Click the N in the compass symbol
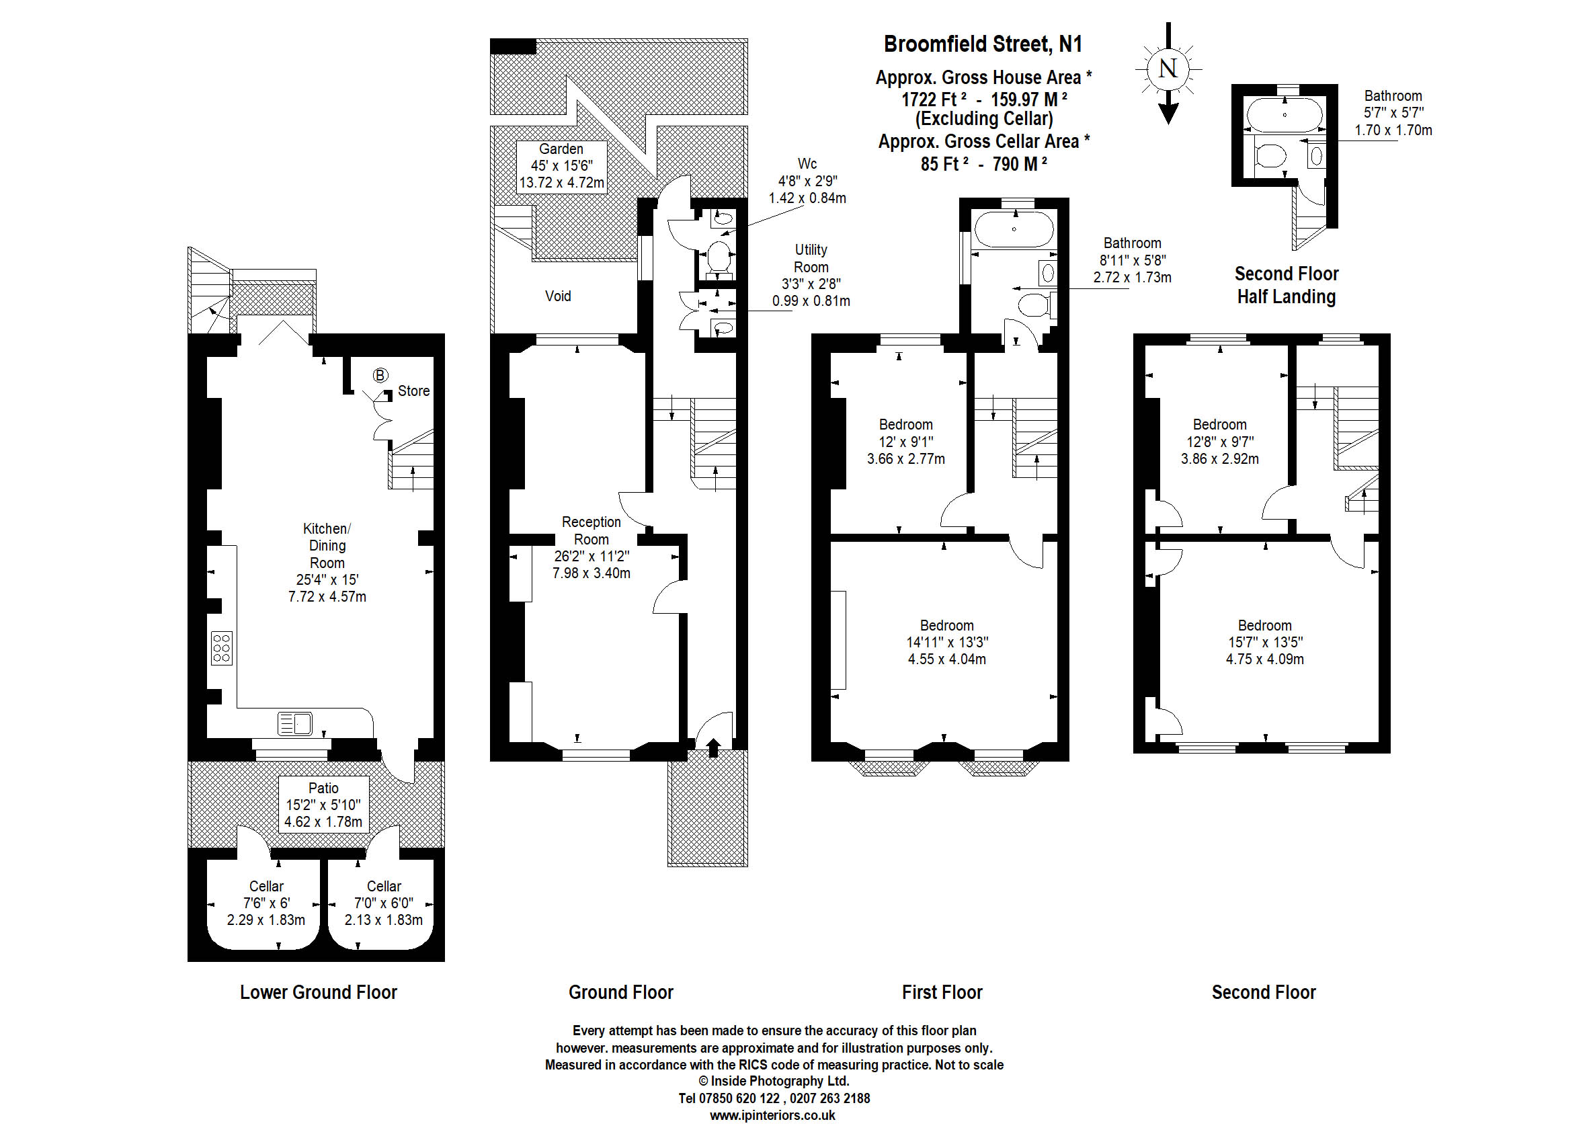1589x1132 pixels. coord(1168,69)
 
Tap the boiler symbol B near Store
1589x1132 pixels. coord(380,376)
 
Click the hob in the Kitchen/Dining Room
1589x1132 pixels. coord(222,647)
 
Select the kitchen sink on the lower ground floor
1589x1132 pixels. coord(295,723)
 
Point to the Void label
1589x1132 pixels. coord(557,296)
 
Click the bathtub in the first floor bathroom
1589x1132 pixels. coord(1014,229)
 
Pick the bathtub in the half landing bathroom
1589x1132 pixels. coord(1284,115)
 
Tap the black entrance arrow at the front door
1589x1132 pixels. coord(713,747)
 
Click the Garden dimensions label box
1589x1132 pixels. coord(562,166)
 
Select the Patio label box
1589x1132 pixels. coord(323,805)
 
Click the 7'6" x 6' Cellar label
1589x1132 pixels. coord(266,903)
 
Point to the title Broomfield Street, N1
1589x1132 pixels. coord(983,44)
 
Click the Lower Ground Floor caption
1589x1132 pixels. coord(319,992)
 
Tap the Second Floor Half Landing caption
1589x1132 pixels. coord(1287,285)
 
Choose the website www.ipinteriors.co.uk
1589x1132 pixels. coord(772,1115)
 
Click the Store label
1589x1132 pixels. coord(413,391)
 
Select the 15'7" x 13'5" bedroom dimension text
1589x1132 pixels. coord(1265,642)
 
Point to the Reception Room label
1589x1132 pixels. coord(591,530)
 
